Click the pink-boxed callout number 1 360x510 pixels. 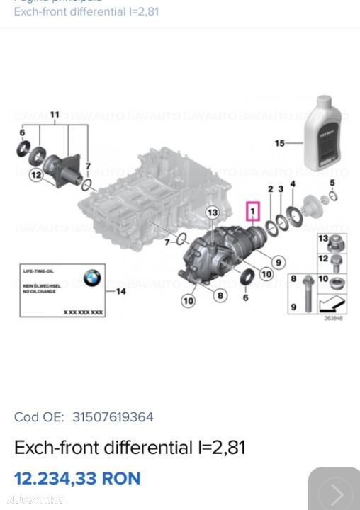[x=252, y=210]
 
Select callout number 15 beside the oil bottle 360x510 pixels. [x=279, y=144]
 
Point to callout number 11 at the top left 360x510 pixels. [x=54, y=114]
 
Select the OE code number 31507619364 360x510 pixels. [x=110, y=417]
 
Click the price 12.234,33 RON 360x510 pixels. [x=77, y=478]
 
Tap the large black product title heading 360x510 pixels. [x=130, y=448]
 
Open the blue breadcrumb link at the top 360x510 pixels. [x=79, y=13]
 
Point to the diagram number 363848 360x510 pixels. [x=333, y=318]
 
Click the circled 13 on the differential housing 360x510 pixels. [x=213, y=212]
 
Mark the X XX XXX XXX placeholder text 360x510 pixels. [x=83, y=312]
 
